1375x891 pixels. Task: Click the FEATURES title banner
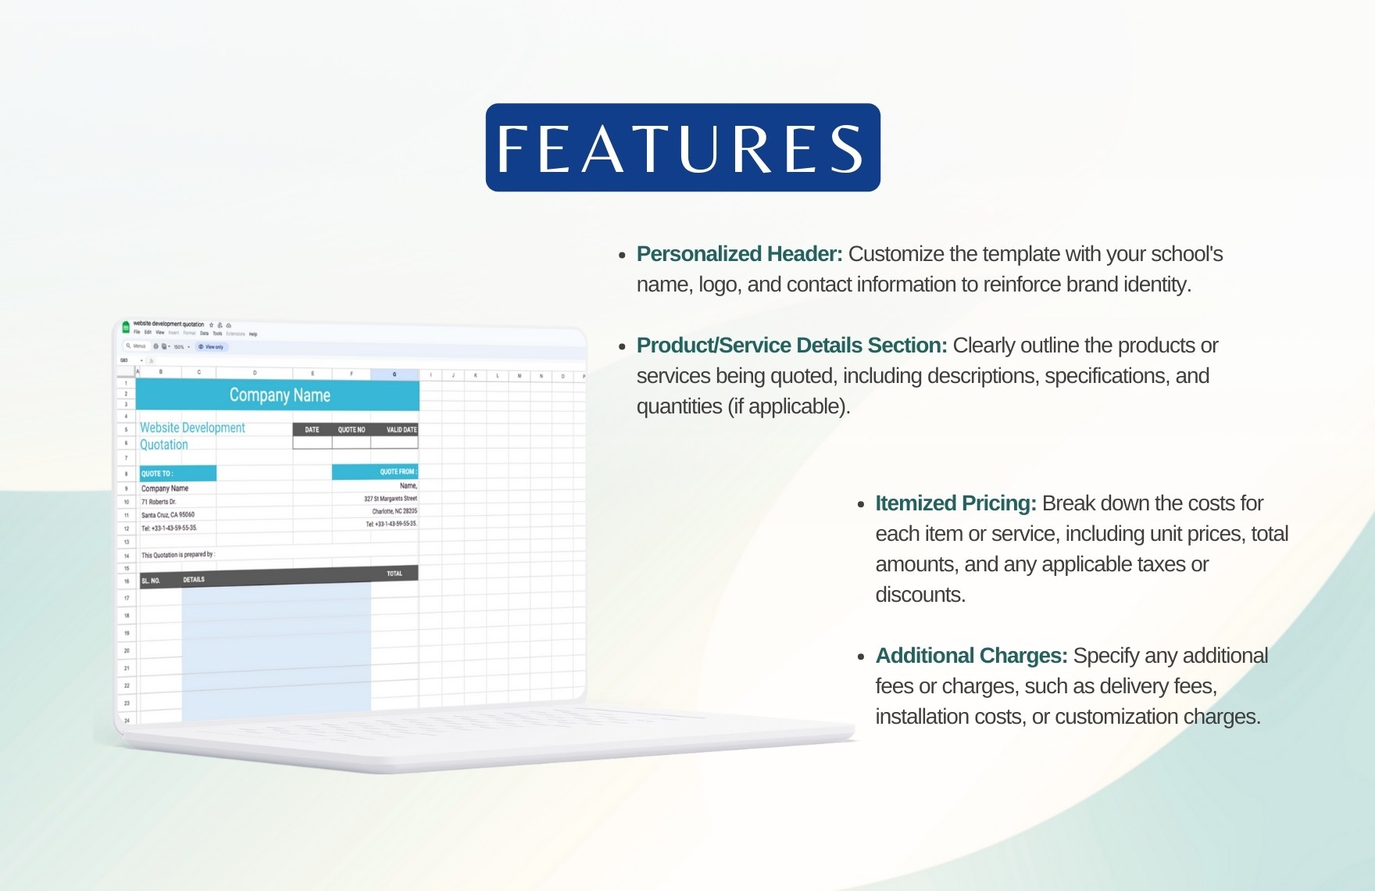683,148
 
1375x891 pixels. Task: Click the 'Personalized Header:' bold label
739,254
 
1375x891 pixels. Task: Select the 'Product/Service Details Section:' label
791,345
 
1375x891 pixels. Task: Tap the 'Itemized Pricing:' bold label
955,503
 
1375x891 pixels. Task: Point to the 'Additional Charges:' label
971,656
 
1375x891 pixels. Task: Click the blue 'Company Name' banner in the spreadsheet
279,395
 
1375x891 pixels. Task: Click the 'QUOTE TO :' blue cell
177,474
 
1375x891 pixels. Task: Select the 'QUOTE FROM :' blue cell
375,471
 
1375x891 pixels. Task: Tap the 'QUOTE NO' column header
351,430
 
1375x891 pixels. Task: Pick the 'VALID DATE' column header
401,430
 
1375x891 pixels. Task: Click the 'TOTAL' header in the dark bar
395,574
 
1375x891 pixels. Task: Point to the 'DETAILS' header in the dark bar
194,580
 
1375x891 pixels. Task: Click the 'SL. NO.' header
151,581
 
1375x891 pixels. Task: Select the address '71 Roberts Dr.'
159,502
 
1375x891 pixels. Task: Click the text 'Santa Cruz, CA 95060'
168,515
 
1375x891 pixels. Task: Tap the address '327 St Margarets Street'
390,499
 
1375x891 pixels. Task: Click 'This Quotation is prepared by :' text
177,555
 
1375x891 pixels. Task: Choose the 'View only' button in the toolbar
211,347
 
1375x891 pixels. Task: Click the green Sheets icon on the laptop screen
126,327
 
